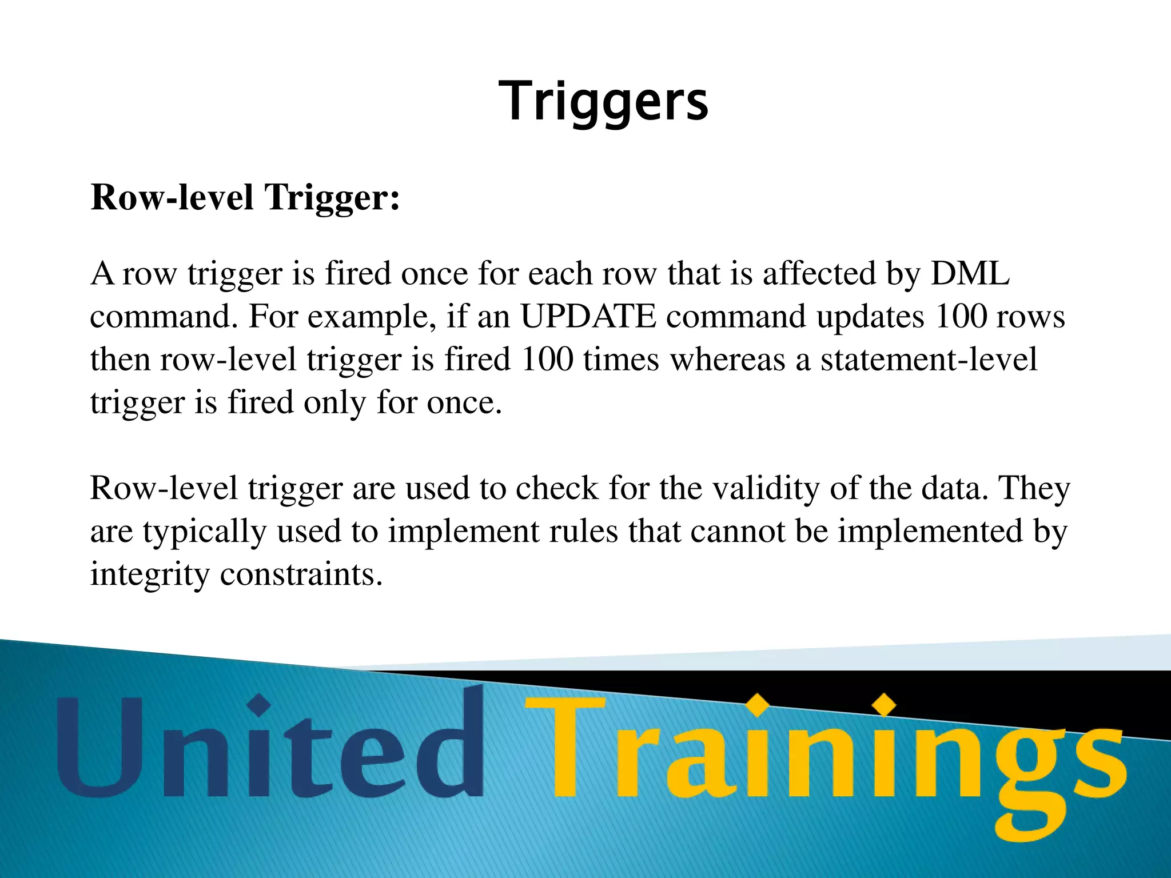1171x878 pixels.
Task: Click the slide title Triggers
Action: pos(603,102)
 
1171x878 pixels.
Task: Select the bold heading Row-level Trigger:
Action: pos(245,197)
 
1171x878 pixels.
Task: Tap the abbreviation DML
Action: pos(970,273)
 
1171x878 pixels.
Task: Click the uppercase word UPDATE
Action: pos(588,316)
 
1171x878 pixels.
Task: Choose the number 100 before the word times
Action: pos(547,360)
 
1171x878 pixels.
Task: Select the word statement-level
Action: pos(929,360)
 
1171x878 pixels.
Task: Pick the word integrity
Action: pos(150,575)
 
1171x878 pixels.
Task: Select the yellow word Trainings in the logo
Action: pos(823,755)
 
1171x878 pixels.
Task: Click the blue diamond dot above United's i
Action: pos(260,705)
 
